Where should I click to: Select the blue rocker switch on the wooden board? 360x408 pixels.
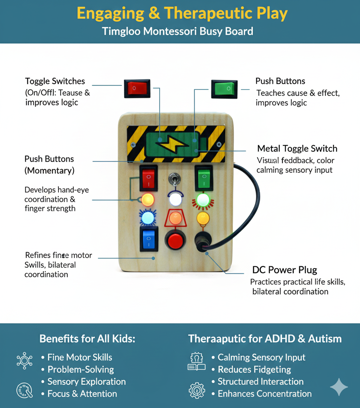pos(148,238)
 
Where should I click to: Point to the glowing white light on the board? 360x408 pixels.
pos(175,199)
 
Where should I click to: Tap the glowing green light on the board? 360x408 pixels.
pos(203,199)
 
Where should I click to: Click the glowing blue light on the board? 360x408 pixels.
pos(148,217)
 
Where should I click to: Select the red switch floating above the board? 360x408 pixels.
pos(137,88)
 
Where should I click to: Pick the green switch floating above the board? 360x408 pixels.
pos(224,89)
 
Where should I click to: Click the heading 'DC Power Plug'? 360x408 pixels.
pos(284,270)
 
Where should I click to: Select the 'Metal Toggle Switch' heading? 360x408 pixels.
pos(297,148)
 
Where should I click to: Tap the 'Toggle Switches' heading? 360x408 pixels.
pos(55,81)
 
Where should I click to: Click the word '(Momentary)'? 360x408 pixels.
pos(49,171)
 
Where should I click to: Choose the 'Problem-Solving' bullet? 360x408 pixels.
pos(81,369)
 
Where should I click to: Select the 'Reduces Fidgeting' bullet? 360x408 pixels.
pos(254,369)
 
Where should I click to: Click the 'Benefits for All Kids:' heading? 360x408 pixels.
pos(87,339)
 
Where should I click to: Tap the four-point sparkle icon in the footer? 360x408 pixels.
pos(339,387)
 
